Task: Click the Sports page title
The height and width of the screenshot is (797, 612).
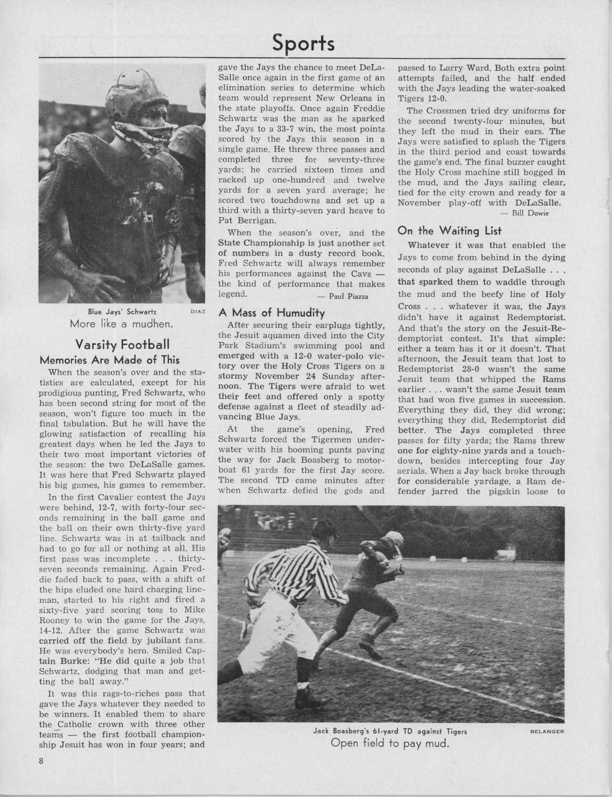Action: (x=303, y=43)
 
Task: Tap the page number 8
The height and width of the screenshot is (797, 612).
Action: (x=42, y=774)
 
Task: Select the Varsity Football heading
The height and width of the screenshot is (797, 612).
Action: (x=122, y=344)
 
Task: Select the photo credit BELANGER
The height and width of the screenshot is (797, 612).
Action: (x=546, y=732)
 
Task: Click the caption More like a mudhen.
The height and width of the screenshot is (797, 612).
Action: (x=121, y=323)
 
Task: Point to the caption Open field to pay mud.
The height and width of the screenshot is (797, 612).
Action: (x=390, y=745)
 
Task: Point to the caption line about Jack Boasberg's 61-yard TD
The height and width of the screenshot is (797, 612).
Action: (x=390, y=732)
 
